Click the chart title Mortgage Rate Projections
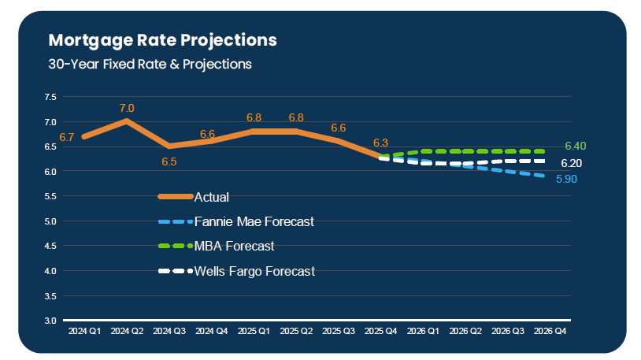click(162, 39)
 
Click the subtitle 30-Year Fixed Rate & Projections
click(150, 64)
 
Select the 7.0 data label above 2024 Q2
click(127, 108)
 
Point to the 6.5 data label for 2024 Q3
click(169, 161)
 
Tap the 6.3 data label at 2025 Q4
click(381, 143)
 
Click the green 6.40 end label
click(576, 147)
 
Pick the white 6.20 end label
click(572, 163)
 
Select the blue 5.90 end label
click(567, 180)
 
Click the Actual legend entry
click(211, 197)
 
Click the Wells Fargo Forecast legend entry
click(254, 271)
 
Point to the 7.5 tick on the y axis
click(50, 97)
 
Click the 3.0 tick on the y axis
click(50, 321)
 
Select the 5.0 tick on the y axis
click(50, 221)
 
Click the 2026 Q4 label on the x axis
click(550, 332)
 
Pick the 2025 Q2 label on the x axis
click(296, 332)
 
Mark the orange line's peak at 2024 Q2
click(127, 121)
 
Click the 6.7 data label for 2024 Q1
click(66, 137)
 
